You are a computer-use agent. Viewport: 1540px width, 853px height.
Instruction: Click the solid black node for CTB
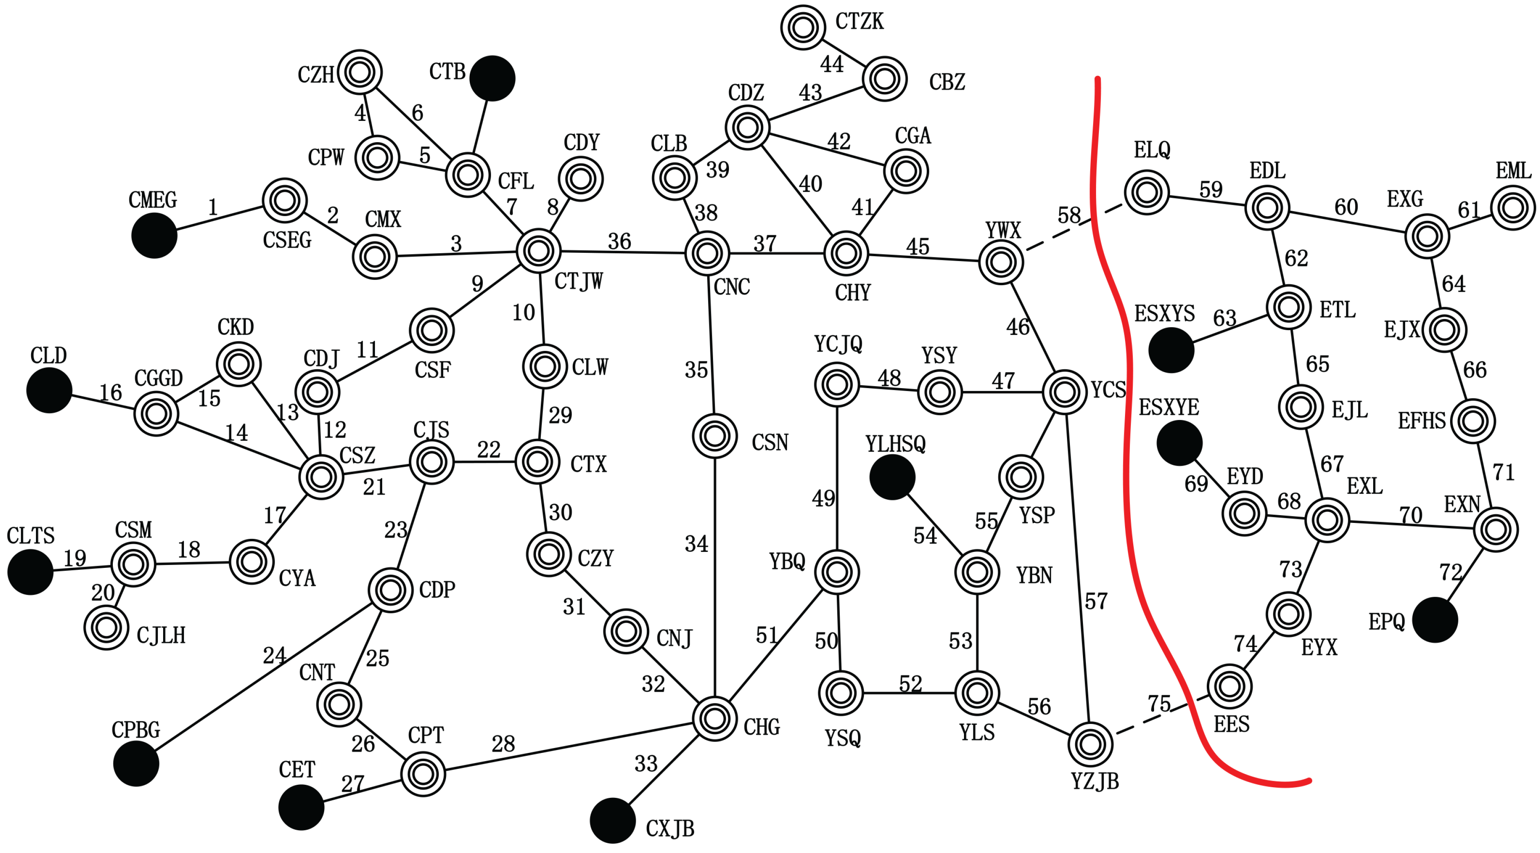point(492,78)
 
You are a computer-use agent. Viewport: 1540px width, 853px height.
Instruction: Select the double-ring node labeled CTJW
point(538,251)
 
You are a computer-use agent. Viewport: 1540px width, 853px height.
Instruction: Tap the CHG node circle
point(715,719)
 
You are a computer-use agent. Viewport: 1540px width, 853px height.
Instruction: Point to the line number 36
point(619,241)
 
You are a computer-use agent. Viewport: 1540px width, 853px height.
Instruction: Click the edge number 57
point(1096,601)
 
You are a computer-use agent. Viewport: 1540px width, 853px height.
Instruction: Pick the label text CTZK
point(859,22)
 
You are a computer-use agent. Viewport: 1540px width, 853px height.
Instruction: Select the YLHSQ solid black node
point(892,477)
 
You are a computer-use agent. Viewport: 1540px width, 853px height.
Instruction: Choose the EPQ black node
point(1435,620)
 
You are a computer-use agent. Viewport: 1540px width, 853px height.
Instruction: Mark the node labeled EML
point(1513,208)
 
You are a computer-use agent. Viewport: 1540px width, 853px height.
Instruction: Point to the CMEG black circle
point(154,235)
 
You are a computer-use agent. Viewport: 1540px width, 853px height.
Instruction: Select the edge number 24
point(274,656)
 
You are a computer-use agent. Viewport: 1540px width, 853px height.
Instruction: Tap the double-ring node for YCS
point(1064,392)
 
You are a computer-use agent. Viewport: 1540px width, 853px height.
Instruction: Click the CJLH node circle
point(106,628)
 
